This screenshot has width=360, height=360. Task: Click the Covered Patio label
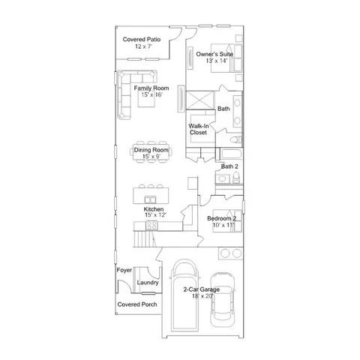(142, 39)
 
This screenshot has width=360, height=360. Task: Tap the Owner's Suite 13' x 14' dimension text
(217, 61)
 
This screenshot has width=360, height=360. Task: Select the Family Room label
(151, 88)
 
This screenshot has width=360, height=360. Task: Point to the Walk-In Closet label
(199, 129)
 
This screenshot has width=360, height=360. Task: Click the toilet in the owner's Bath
(236, 139)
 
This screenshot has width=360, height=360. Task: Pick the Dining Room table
(151, 152)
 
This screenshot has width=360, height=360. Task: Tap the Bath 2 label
(229, 166)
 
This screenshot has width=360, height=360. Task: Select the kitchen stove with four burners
(152, 225)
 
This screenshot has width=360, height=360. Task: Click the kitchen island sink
(150, 199)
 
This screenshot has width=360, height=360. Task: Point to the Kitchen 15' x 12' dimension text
(155, 215)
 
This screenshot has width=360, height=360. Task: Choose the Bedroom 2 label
(221, 218)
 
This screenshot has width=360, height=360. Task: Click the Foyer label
(124, 270)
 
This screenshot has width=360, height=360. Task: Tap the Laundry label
(148, 283)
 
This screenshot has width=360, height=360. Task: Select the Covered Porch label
(137, 304)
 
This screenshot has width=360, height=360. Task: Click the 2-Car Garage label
(202, 289)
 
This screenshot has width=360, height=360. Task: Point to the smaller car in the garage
(223, 299)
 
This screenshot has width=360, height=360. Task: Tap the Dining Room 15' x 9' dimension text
(151, 157)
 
